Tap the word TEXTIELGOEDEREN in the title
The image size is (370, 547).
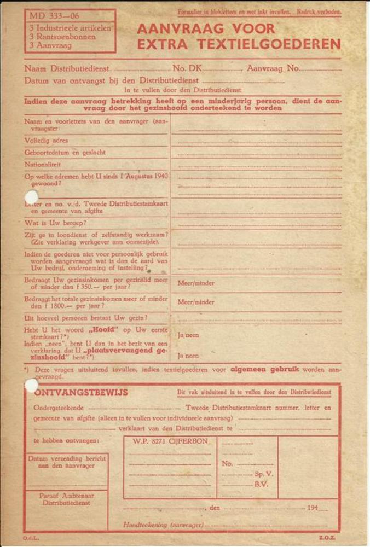239,44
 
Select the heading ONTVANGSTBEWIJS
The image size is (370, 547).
81,392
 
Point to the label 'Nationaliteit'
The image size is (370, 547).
43,164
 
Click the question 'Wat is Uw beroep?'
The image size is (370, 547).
55,223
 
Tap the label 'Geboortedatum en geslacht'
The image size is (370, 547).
65,152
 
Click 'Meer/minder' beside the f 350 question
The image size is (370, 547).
195,283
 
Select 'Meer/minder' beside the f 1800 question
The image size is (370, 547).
195,302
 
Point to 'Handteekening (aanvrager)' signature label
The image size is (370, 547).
163,525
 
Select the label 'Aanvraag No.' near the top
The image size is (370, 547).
274,69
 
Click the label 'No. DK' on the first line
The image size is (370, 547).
187,69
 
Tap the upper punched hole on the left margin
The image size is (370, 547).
31,197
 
